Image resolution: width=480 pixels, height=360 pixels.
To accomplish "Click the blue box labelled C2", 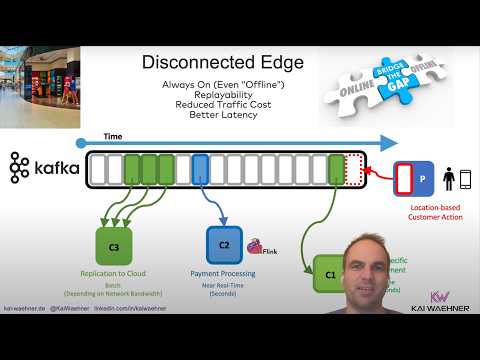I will [224, 244].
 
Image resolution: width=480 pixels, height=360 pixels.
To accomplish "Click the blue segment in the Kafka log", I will [199, 169].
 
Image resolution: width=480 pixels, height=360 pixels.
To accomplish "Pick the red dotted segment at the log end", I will [353, 169].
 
